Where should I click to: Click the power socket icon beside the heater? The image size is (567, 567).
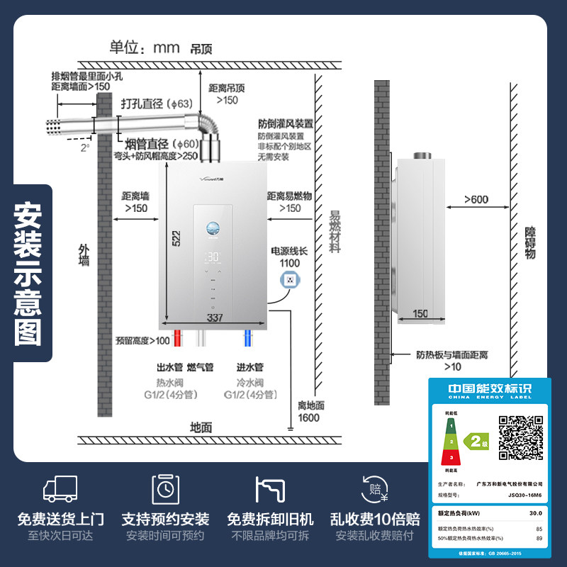(290, 281)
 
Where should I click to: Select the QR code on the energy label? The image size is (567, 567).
(521, 437)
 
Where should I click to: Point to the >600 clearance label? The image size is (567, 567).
(476, 199)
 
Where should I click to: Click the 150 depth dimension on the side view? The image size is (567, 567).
(420, 314)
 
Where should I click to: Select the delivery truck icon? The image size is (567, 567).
(61, 490)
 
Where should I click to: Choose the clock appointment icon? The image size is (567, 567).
(165, 489)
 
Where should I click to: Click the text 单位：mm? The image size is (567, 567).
(144, 48)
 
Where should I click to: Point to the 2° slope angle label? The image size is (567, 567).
(85, 147)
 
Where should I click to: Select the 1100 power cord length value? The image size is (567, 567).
(290, 264)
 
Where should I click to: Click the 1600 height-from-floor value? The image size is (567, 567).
(309, 417)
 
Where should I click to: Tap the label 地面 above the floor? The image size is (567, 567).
(201, 427)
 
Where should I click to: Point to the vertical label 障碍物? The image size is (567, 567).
(530, 245)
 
